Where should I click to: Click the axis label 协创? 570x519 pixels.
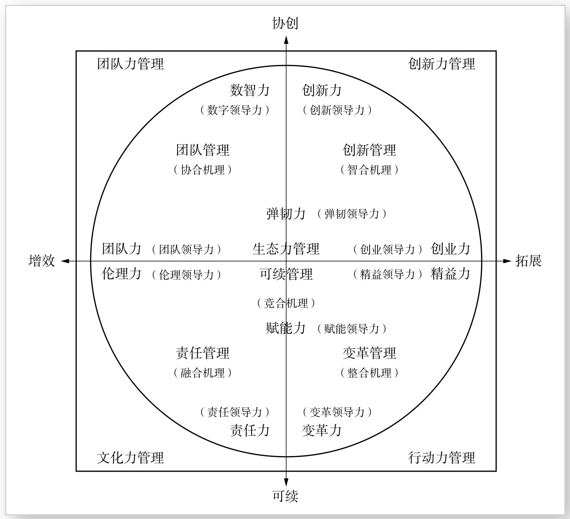point(285,23)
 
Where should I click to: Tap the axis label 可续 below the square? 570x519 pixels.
point(285,496)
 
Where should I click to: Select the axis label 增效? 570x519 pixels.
point(42,261)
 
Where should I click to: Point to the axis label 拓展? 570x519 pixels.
point(529,261)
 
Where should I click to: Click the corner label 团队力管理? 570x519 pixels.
point(131,64)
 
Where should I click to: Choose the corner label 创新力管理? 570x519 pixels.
point(442,64)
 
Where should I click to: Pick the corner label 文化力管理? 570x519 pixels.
point(131,458)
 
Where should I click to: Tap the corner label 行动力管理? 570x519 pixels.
point(442,458)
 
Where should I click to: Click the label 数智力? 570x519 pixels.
point(250,90)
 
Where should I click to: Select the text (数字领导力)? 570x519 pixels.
point(234,110)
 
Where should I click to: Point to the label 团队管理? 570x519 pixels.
point(203,150)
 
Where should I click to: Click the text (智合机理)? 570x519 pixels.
point(370,170)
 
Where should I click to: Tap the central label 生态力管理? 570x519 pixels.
point(286,249)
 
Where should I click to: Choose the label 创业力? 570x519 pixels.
point(451,249)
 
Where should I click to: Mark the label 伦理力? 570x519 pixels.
point(122,274)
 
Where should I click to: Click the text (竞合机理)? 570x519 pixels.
point(286,303)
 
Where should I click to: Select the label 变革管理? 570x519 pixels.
point(370,353)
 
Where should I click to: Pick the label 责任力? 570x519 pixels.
point(250,430)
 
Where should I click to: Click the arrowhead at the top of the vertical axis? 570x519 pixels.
point(286,39)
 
